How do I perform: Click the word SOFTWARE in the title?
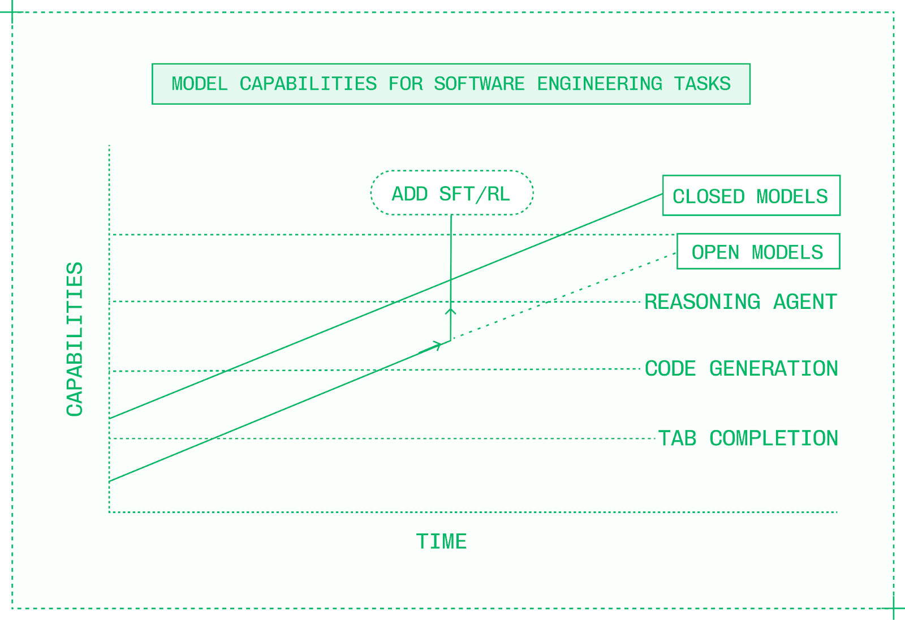pyautogui.click(x=479, y=84)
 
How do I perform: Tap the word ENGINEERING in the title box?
pyautogui.click(x=600, y=84)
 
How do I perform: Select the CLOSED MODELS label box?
pyautogui.click(x=751, y=196)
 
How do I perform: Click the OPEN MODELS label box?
pyautogui.click(x=758, y=252)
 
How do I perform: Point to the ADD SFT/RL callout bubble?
pyautogui.click(x=451, y=193)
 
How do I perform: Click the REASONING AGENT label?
pyautogui.click(x=740, y=302)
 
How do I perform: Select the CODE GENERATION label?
pyautogui.click(x=741, y=369)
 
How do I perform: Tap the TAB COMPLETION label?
pyautogui.click(x=748, y=438)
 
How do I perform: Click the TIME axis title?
pyautogui.click(x=441, y=542)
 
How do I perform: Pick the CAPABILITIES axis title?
pyautogui.click(x=75, y=339)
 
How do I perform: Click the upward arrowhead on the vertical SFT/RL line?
pyautogui.click(x=451, y=311)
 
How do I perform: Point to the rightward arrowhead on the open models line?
pyautogui.click(x=437, y=345)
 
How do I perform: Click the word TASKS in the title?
pyautogui.click(x=702, y=84)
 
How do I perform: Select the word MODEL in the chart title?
pyautogui.click(x=199, y=84)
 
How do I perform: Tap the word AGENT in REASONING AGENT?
pyautogui.click(x=805, y=302)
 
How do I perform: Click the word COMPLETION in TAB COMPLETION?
pyautogui.click(x=774, y=438)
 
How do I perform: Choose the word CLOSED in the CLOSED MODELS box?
pyautogui.click(x=708, y=196)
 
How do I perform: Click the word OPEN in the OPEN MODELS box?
pyautogui.click(x=715, y=252)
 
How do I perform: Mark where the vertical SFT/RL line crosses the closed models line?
pyautogui.click(x=451, y=279)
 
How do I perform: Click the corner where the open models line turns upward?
pyautogui.click(x=451, y=341)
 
